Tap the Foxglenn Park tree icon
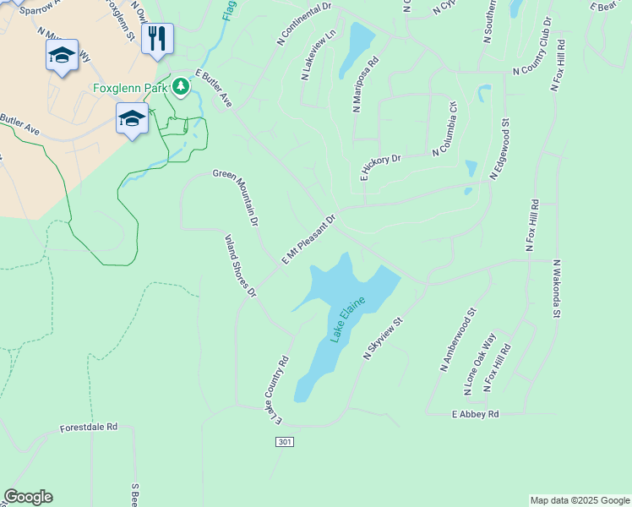181,86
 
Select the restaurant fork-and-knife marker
157,38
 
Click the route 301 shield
285,442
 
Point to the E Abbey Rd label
476,414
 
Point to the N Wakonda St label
557,288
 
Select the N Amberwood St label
459,339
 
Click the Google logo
28,497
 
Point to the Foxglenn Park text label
129,87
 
